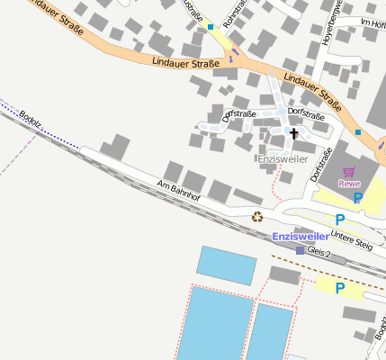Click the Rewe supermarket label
point(349,184)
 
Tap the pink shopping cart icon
point(349,172)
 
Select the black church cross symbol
point(292,133)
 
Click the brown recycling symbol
point(257,216)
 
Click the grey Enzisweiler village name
point(283,158)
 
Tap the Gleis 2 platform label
point(319,253)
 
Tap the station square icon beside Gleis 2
point(301,250)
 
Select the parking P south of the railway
point(339,288)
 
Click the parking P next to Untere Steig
point(339,220)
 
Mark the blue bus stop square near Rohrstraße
point(211,27)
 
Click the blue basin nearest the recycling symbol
point(227,265)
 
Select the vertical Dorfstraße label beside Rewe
point(316,165)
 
